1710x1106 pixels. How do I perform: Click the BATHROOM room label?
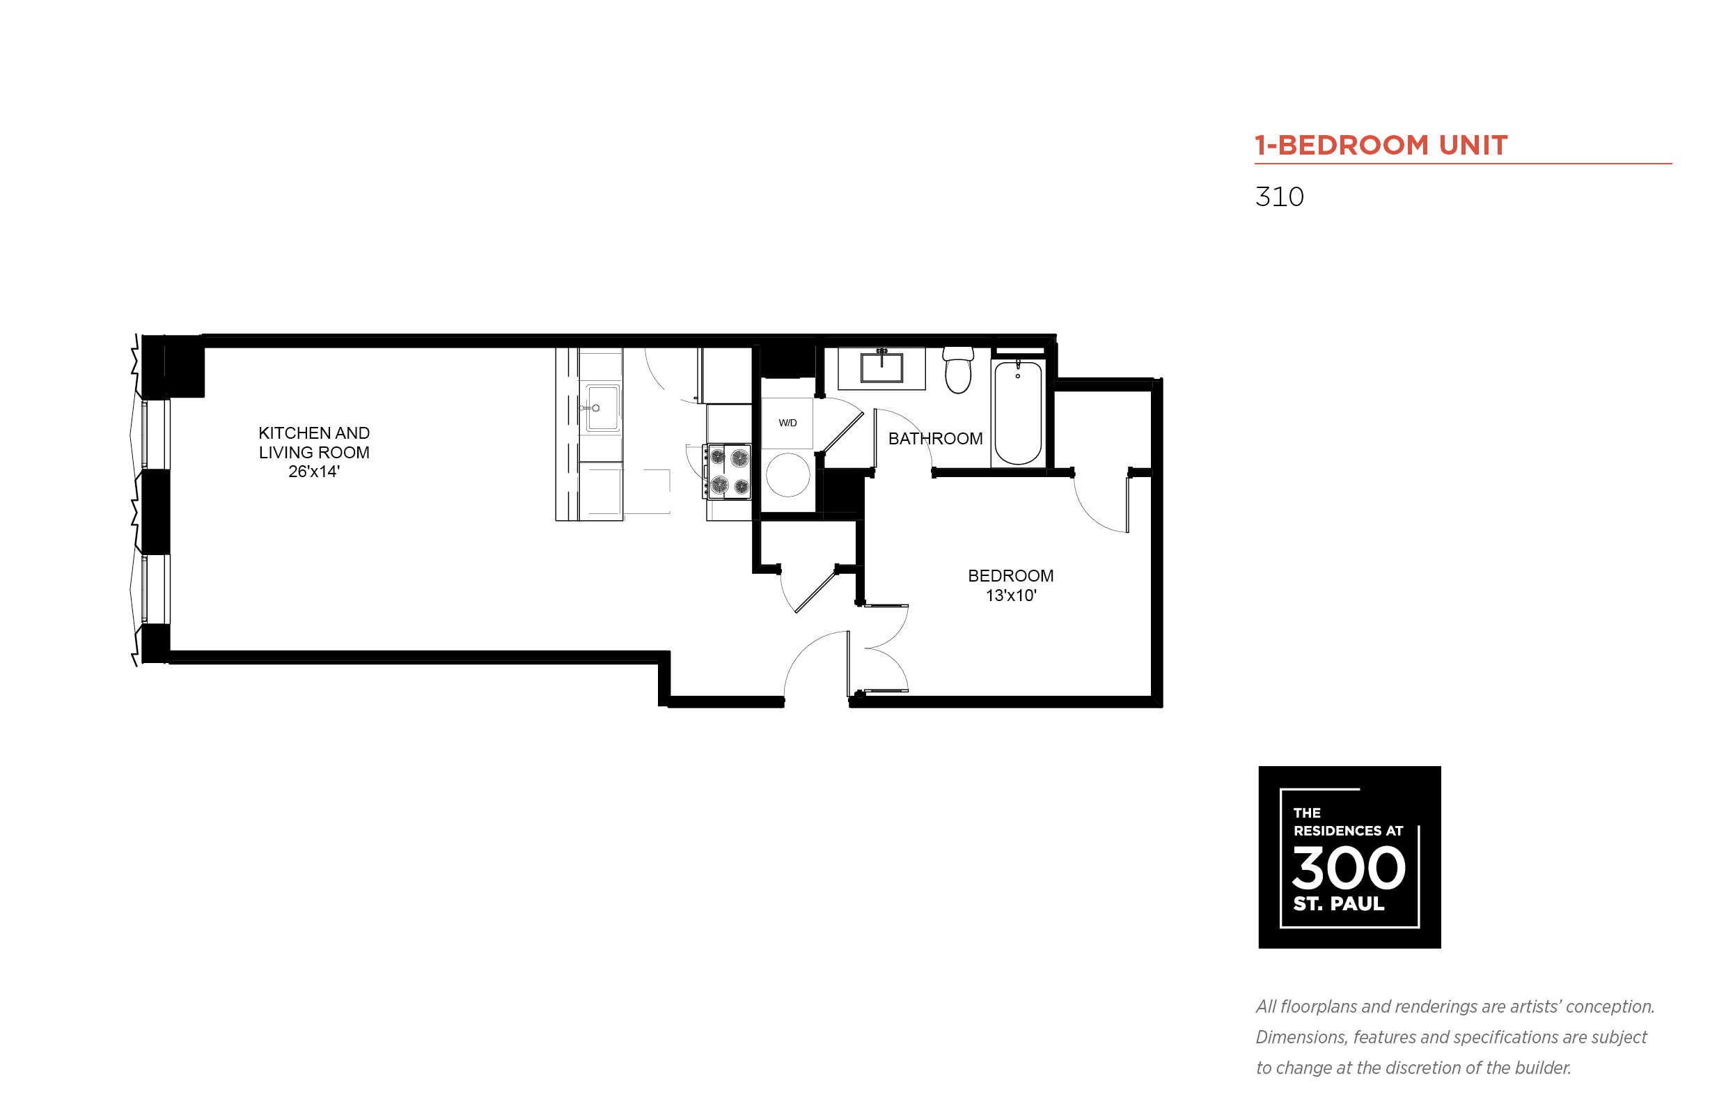(x=934, y=438)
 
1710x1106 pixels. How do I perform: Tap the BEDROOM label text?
(x=1010, y=575)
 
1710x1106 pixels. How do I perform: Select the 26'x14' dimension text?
(x=314, y=471)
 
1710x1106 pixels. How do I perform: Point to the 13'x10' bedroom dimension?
(x=1011, y=595)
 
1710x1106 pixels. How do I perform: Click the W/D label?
(x=787, y=422)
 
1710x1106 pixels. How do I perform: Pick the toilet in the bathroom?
(x=957, y=370)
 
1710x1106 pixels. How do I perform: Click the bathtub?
(x=1018, y=412)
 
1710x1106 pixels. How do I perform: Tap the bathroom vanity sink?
(x=881, y=367)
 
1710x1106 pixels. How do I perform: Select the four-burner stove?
(x=727, y=470)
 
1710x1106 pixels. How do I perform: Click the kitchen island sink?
(x=602, y=408)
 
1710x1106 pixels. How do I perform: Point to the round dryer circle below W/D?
(x=787, y=475)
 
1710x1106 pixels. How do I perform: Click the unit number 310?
(x=1279, y=197)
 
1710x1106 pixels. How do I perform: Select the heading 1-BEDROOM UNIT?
(x=1381, y=145)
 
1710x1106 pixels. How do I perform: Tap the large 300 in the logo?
(x=1348, y=868)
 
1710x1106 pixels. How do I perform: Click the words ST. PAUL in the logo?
(x=1338, y=903)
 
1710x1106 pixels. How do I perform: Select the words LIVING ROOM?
(x=314, y=453)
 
